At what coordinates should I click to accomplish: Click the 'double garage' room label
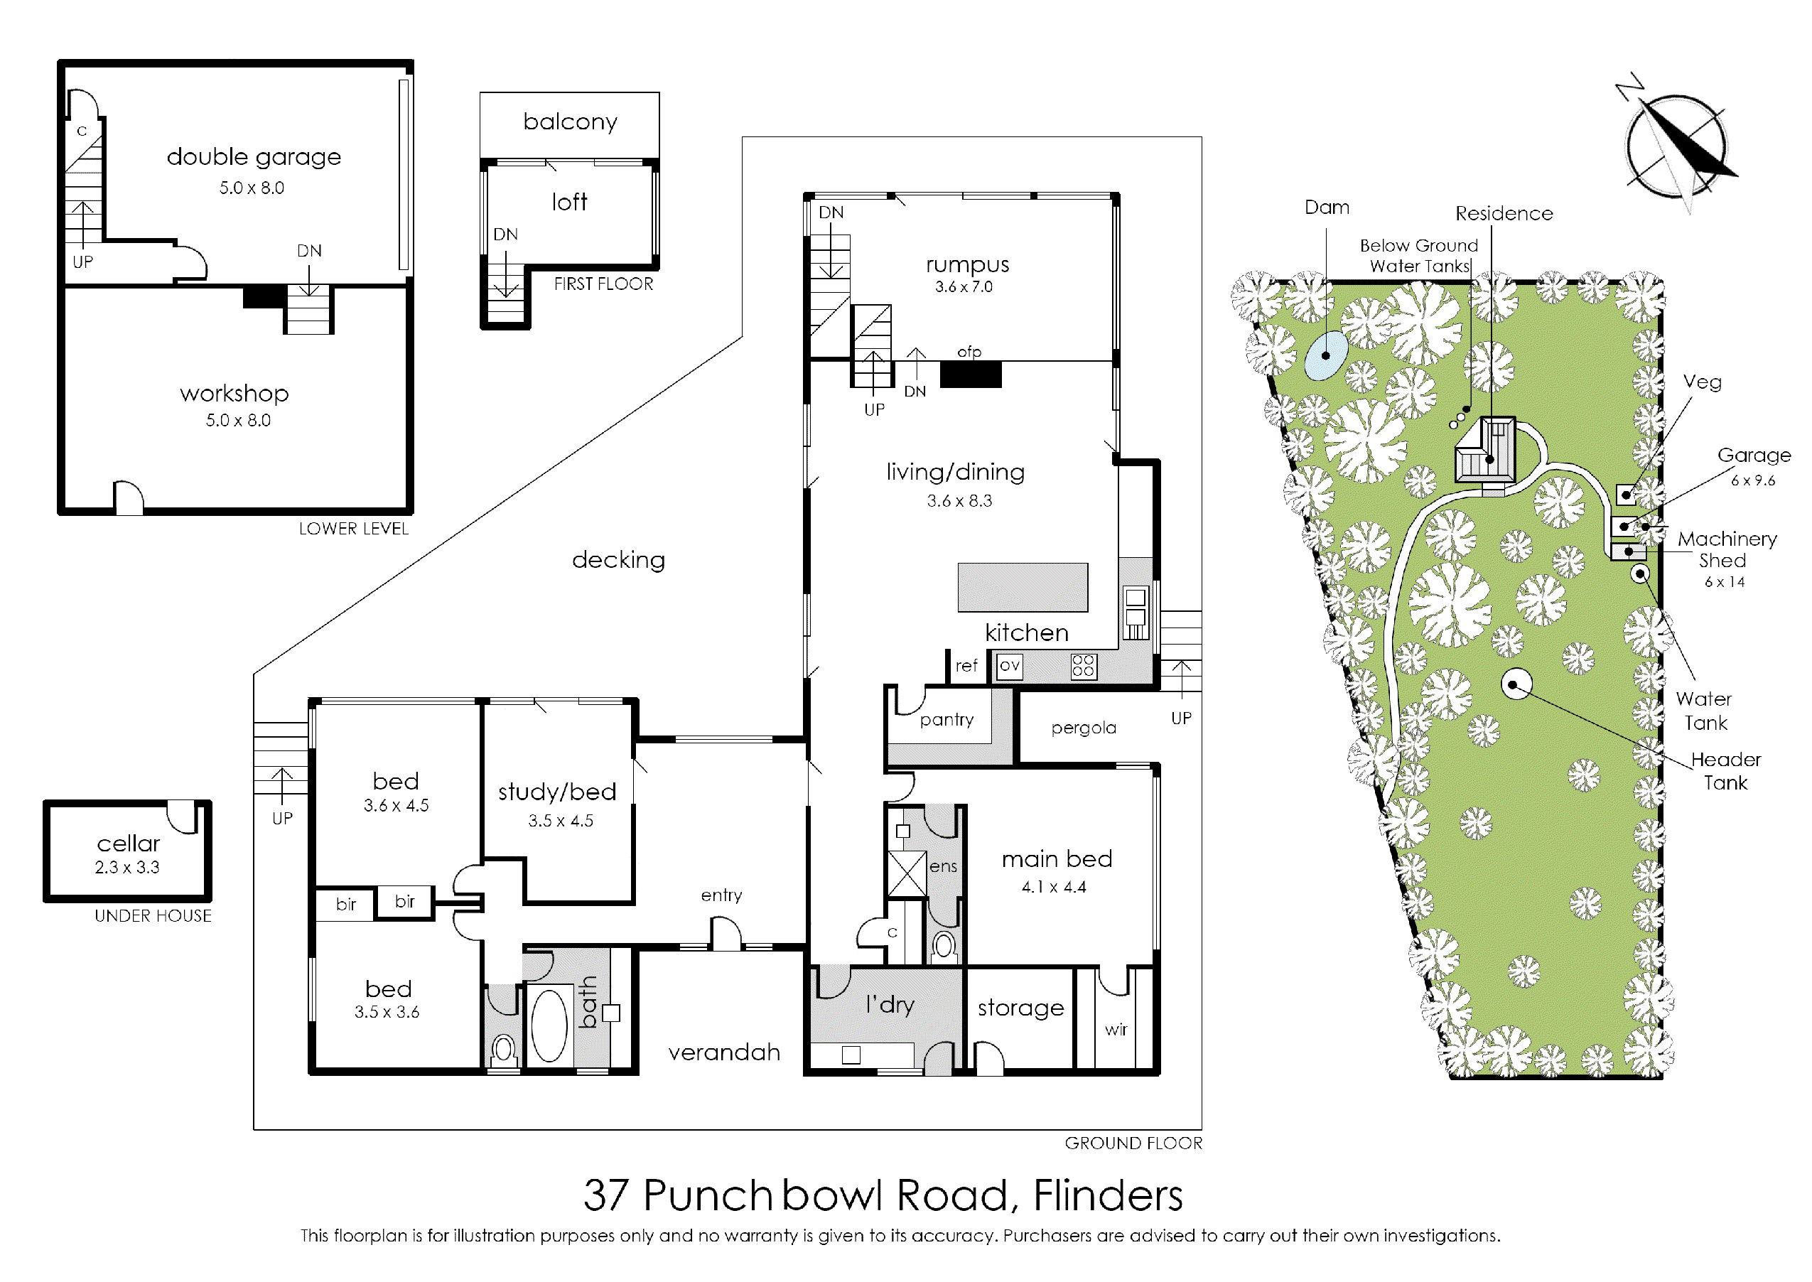tap(254, 157)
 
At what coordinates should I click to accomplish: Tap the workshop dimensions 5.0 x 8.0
tap(238, 420)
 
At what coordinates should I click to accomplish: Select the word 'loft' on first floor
tap(569, 202)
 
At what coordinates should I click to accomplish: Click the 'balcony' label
tap(570, 122)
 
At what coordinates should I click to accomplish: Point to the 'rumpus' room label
tap(968, 265)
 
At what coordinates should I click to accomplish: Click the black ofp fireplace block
tap(971, 375)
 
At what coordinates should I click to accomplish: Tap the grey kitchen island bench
tap(1023, 587)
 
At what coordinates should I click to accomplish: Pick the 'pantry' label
tap(947, 720)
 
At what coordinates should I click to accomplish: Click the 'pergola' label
tap(1084, 728)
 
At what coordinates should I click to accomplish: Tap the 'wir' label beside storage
tap(1116, 1030)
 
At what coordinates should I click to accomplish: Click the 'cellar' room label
tap(128, 843)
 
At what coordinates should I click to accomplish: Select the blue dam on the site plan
tap(1326, 355)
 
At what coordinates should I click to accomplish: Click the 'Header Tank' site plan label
tap(1726, 771)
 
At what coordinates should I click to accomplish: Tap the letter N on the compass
tap(1629, 87)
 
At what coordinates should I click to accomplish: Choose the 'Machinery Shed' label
tap(1727, 549)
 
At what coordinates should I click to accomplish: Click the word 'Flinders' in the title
tap(1108, 1195)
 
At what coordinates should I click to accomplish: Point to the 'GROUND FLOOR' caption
tap(1133, 1143)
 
